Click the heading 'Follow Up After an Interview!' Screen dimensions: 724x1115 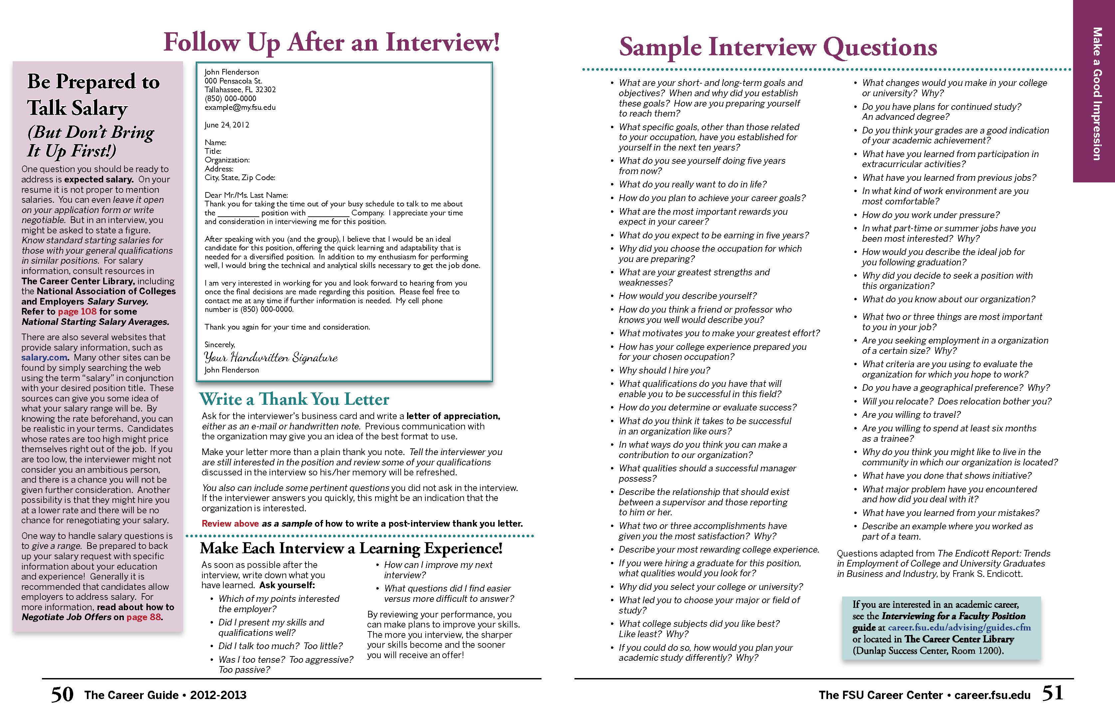click(332, 43)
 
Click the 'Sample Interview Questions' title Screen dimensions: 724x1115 click(778, 47)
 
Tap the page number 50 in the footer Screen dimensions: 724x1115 click(62, 694)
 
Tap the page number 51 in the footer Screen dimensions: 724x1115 click(1052, 693)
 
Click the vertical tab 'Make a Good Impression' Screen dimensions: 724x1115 click(1096, 94)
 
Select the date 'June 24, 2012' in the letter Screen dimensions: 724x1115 click(227, 124)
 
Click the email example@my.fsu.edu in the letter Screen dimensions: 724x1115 click(240, 107)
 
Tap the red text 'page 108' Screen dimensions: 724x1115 click(77, 312)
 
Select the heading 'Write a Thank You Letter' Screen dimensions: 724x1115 click(294, 399)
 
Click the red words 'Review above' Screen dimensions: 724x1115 click(230, 523)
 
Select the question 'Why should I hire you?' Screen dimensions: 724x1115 click(664, 370)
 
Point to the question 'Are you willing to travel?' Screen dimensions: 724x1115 click(911, 415)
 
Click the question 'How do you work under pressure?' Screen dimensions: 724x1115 click(930, 215)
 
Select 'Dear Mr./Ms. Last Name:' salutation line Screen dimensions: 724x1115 click(246, 195)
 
